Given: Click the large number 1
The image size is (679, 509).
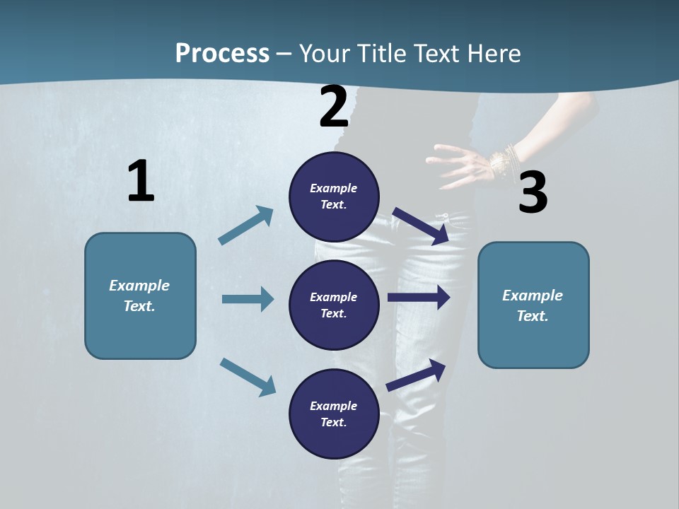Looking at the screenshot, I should (x=141, y=182).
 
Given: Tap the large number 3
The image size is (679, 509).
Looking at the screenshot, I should (x=533, y=193).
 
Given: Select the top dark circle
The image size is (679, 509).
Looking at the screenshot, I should (x=334, y=197).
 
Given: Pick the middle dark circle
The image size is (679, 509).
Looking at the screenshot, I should (x=334, y=305).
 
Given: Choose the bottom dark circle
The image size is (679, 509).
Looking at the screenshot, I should (x=334, y=414).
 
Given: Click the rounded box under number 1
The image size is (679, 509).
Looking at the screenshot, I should (x=140, y=296).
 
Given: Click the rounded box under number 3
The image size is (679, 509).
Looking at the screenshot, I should (x=533, y=305).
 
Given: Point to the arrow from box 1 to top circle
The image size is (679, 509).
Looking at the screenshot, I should (x=246, y=226).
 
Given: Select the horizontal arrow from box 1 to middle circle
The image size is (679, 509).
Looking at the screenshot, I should (x=248, y=299).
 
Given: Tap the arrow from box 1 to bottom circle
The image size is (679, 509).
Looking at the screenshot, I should (x=248, y=376).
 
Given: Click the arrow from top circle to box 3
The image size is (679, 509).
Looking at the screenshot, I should (x=421, y=226).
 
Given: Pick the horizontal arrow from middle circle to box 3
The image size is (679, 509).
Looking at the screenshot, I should (x=419, y=298).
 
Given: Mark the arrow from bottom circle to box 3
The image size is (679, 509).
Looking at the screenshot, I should (x=416, y=375).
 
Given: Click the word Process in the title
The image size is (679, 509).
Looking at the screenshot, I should (x=222, y=53).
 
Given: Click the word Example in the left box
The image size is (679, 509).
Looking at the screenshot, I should (x=139, y=286).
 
